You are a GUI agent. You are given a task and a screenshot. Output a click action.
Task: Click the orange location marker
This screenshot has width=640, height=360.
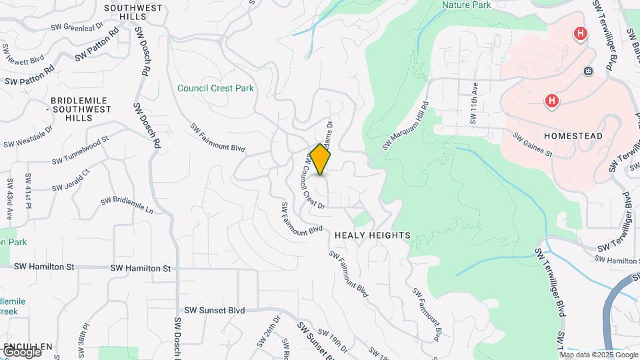point(321,159)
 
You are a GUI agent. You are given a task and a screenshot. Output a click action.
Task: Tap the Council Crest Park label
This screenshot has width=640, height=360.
point(215,88)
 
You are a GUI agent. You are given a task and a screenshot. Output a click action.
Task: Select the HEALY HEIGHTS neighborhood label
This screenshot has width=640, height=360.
point(372,235)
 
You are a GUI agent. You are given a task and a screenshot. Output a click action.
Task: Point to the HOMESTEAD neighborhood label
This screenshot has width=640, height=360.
point(573,136)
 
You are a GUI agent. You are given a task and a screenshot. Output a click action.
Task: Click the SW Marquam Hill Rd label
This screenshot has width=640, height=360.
point(405,126)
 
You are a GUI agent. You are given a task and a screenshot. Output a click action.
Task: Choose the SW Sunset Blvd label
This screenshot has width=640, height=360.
point(215,310)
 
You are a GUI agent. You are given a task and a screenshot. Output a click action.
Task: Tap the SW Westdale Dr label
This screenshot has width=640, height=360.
point(27,139)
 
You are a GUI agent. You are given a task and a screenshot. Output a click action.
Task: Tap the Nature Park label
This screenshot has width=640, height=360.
point(467,5)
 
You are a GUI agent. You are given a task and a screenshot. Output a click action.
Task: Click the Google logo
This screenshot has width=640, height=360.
point(21,351)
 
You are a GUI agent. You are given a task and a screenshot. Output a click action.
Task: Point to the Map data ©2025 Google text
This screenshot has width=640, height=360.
point(598,355)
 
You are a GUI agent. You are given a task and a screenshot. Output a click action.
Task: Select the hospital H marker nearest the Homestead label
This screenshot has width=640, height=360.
point(552,101)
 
